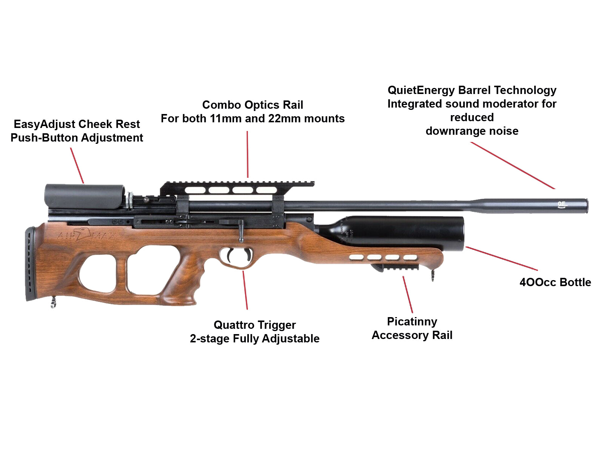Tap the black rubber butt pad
coord(30,264)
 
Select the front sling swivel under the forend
coord(433,274)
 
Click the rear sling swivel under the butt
coord(53,302)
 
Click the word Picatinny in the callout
coord(412,322)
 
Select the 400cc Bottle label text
coord(555,282)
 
